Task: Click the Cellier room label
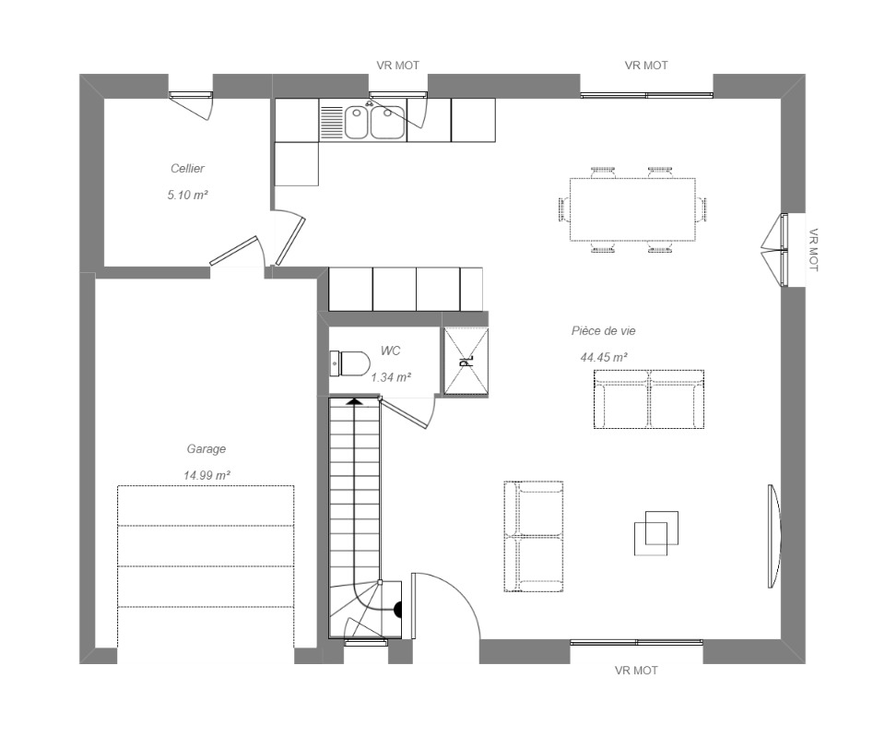tap(187, 168)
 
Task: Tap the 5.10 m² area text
tap(187, 196)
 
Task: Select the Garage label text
tap(206, 449)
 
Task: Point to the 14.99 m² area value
tap(206, 476)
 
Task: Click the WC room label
tap(390, 351)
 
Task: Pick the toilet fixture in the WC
tap(349, 363)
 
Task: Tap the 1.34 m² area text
tap(391, 377)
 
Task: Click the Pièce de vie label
tap(603, 331)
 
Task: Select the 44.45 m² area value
tap(604, 358)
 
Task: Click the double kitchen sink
tap(375, 122)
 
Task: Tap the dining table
tap(632, 209)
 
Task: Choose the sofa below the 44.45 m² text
tap(649, 399)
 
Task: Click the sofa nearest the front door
tap(534, 537)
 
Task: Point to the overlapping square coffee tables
tap(655, 533)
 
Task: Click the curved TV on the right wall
tap(773, 536)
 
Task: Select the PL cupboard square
tap(466, 362)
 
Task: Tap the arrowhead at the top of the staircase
tap(354, 401)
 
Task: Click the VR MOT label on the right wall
tap(813, 250)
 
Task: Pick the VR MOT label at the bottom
tap(636, 671)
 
